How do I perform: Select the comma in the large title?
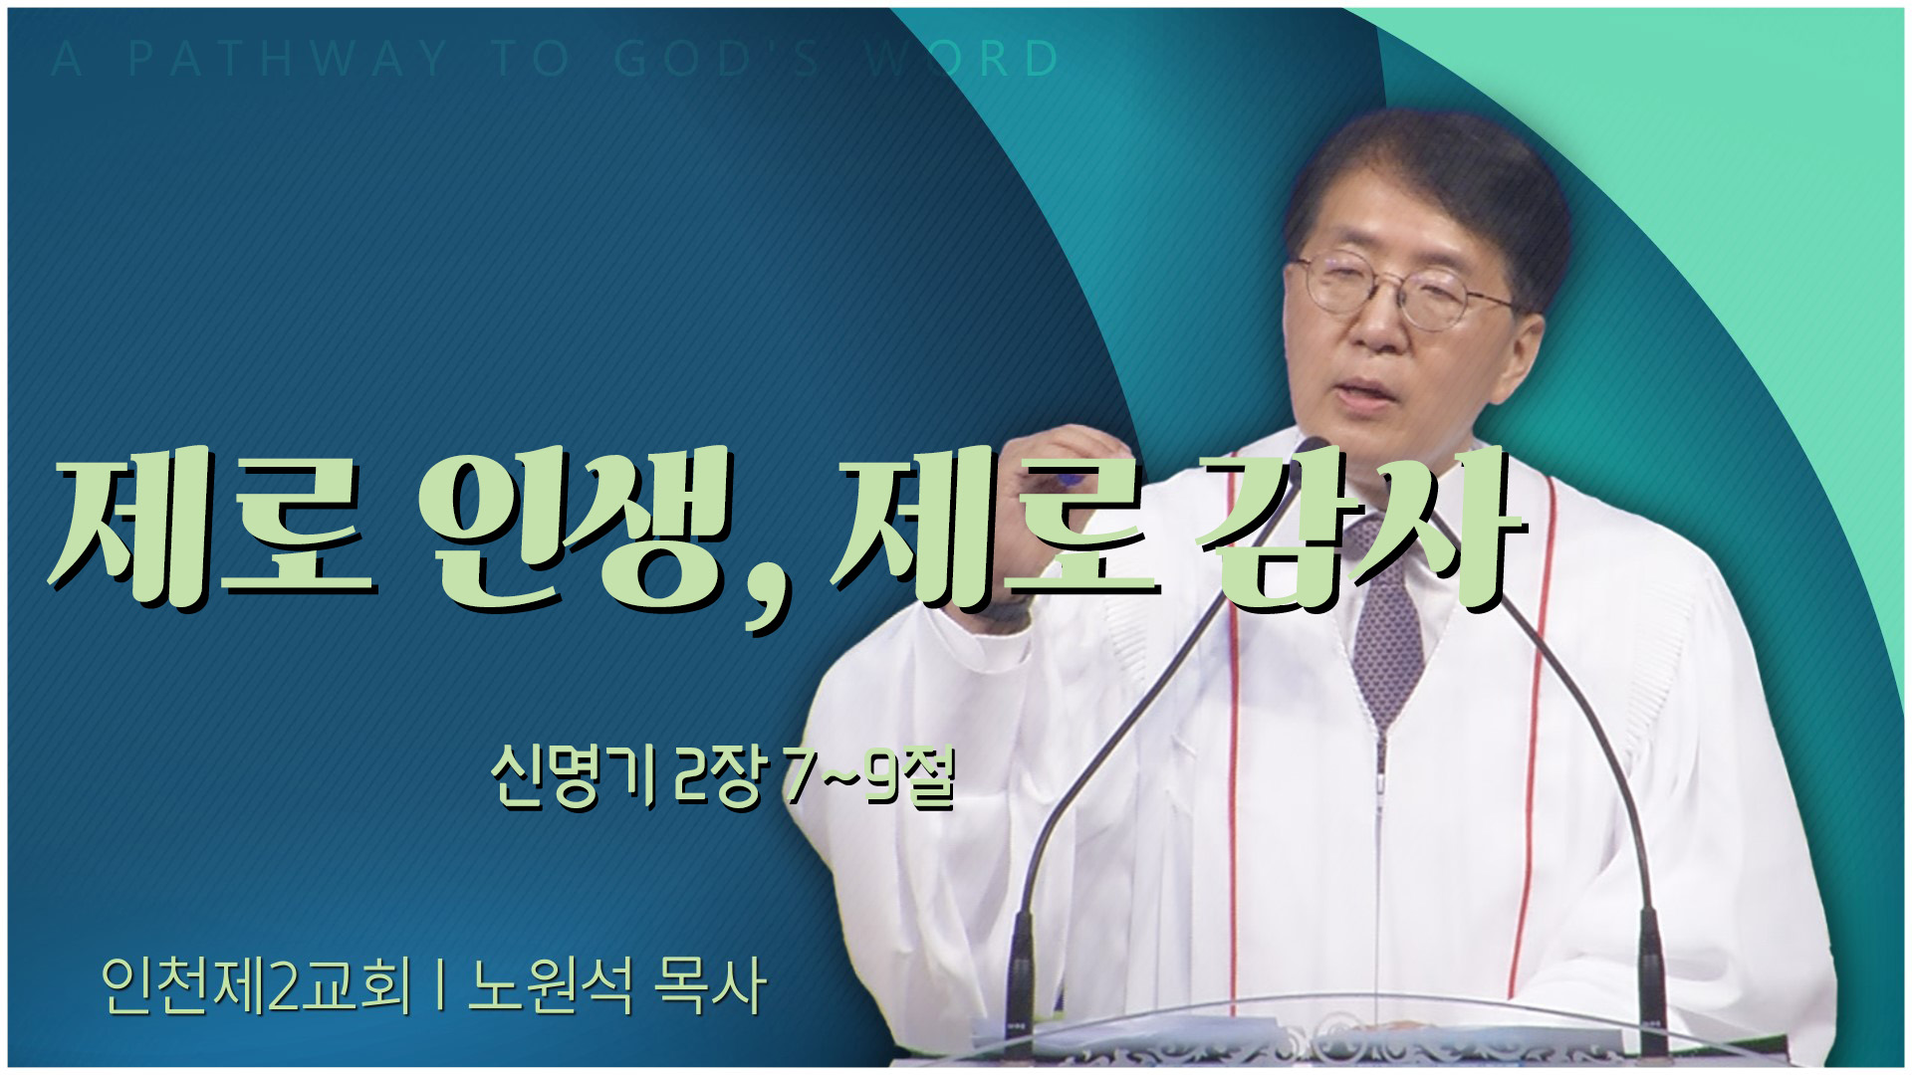click(770, 598)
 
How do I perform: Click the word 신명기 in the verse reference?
click(572, 780)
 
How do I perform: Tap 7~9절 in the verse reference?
click(868, 780)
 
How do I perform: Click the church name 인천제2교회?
click(255, 985)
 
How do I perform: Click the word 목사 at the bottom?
click(709, 985)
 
